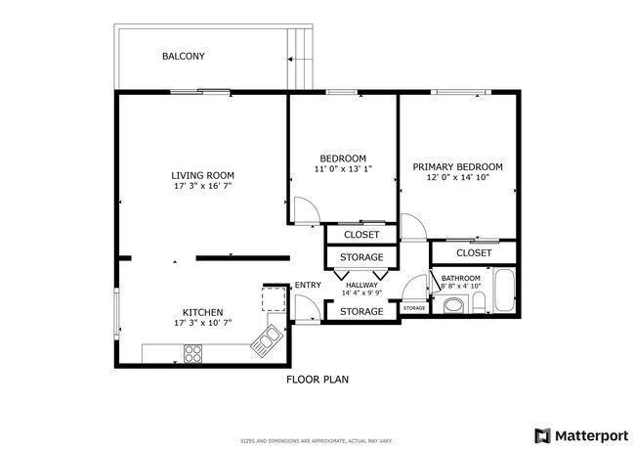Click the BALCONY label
(183, 57)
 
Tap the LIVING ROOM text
(202, 175)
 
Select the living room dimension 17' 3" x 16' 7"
(202, 186)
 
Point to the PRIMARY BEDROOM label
(457, 167)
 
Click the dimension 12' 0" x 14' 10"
(457, 178)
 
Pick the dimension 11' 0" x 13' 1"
(343, 169)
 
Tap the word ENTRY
(308, 286)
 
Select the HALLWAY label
(361, 285)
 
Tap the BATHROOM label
(460, 279)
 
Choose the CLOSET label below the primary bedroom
(474, 253)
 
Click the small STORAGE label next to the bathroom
(414, 309)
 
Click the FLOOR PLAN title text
(317, 379)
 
